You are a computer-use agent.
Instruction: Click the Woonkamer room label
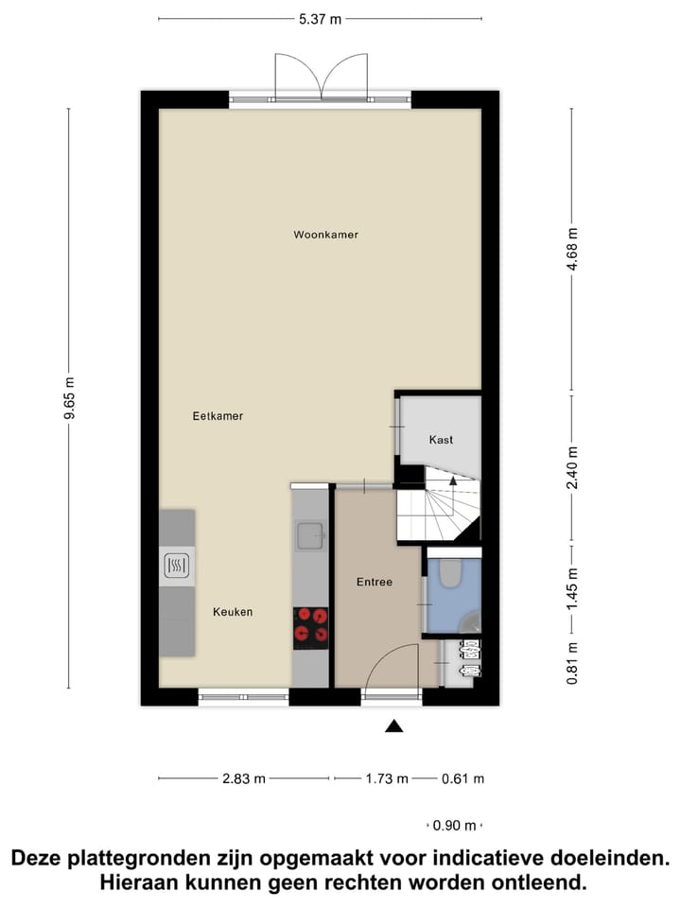[325, 235]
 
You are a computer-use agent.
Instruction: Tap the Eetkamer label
[218, 415]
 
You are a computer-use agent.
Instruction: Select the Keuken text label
[233, 612]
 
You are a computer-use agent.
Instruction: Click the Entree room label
[374, 582]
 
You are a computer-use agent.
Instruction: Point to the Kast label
[441, 440]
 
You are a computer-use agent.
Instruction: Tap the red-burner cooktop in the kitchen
[310, 625]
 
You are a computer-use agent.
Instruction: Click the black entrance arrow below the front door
[393, 725]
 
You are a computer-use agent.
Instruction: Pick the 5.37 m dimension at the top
[320, 18]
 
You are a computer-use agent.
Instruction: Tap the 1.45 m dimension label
[570, 588]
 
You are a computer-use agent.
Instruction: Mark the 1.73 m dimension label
[387, 778]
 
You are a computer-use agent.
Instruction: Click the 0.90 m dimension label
[454, 826]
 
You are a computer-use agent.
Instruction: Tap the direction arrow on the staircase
[453, 480]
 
